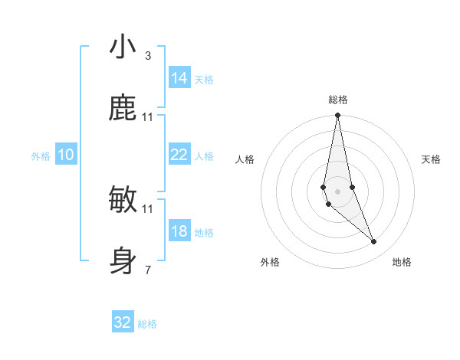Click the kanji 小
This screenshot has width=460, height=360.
123,47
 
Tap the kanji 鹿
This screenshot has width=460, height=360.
123,108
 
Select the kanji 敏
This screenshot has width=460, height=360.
123,200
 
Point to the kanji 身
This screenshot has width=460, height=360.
123,260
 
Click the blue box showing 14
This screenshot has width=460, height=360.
179,78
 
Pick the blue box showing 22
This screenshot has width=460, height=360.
179,155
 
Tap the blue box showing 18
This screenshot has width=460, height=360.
179,231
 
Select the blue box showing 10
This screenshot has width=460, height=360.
66,155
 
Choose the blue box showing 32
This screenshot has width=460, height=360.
123,322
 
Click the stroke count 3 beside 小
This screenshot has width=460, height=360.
148,56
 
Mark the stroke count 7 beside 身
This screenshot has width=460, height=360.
148,270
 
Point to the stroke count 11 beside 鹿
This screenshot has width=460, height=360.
148,116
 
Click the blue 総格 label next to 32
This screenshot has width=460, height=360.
148,325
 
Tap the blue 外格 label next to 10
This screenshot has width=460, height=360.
41,156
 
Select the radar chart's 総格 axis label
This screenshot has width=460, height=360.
338,100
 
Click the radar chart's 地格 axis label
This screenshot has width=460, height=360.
402,262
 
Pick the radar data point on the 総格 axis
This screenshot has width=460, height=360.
337,116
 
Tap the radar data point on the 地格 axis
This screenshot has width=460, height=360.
374,242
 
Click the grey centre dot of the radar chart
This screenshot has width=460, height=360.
337,191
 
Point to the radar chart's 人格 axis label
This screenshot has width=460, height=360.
245,159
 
